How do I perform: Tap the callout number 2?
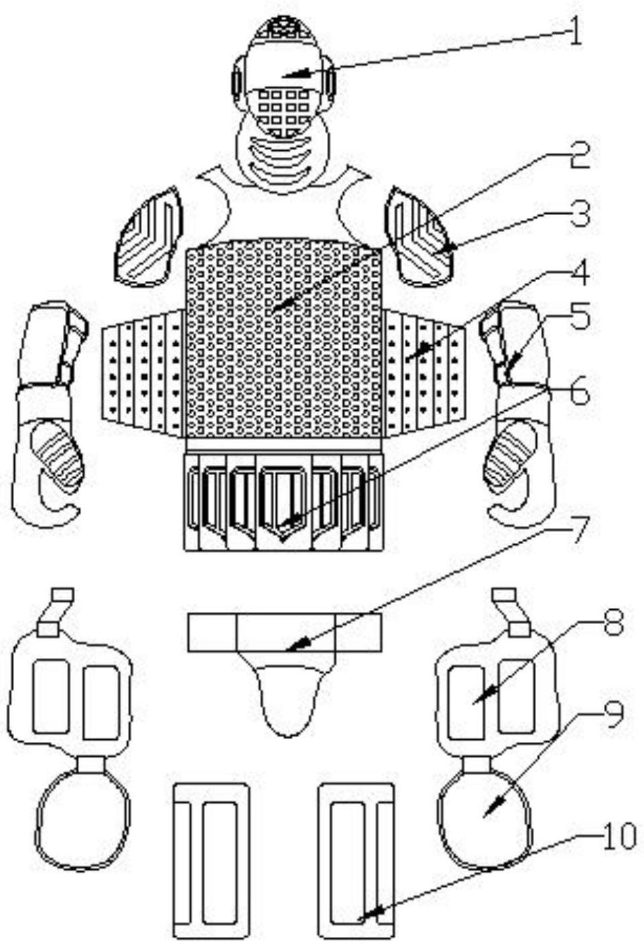pyautogui.click(x=580, y=155)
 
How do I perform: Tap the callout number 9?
pyautogui.click(x=613, y=715)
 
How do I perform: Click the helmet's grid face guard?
pyautogui.click(x=284, y=111)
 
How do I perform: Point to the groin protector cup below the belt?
pyautogui.click(x=287, y=700)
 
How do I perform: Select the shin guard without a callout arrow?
pyautogui.click(x=212, y=861)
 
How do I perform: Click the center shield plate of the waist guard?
pyautogui.click(x=283, y=499)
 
